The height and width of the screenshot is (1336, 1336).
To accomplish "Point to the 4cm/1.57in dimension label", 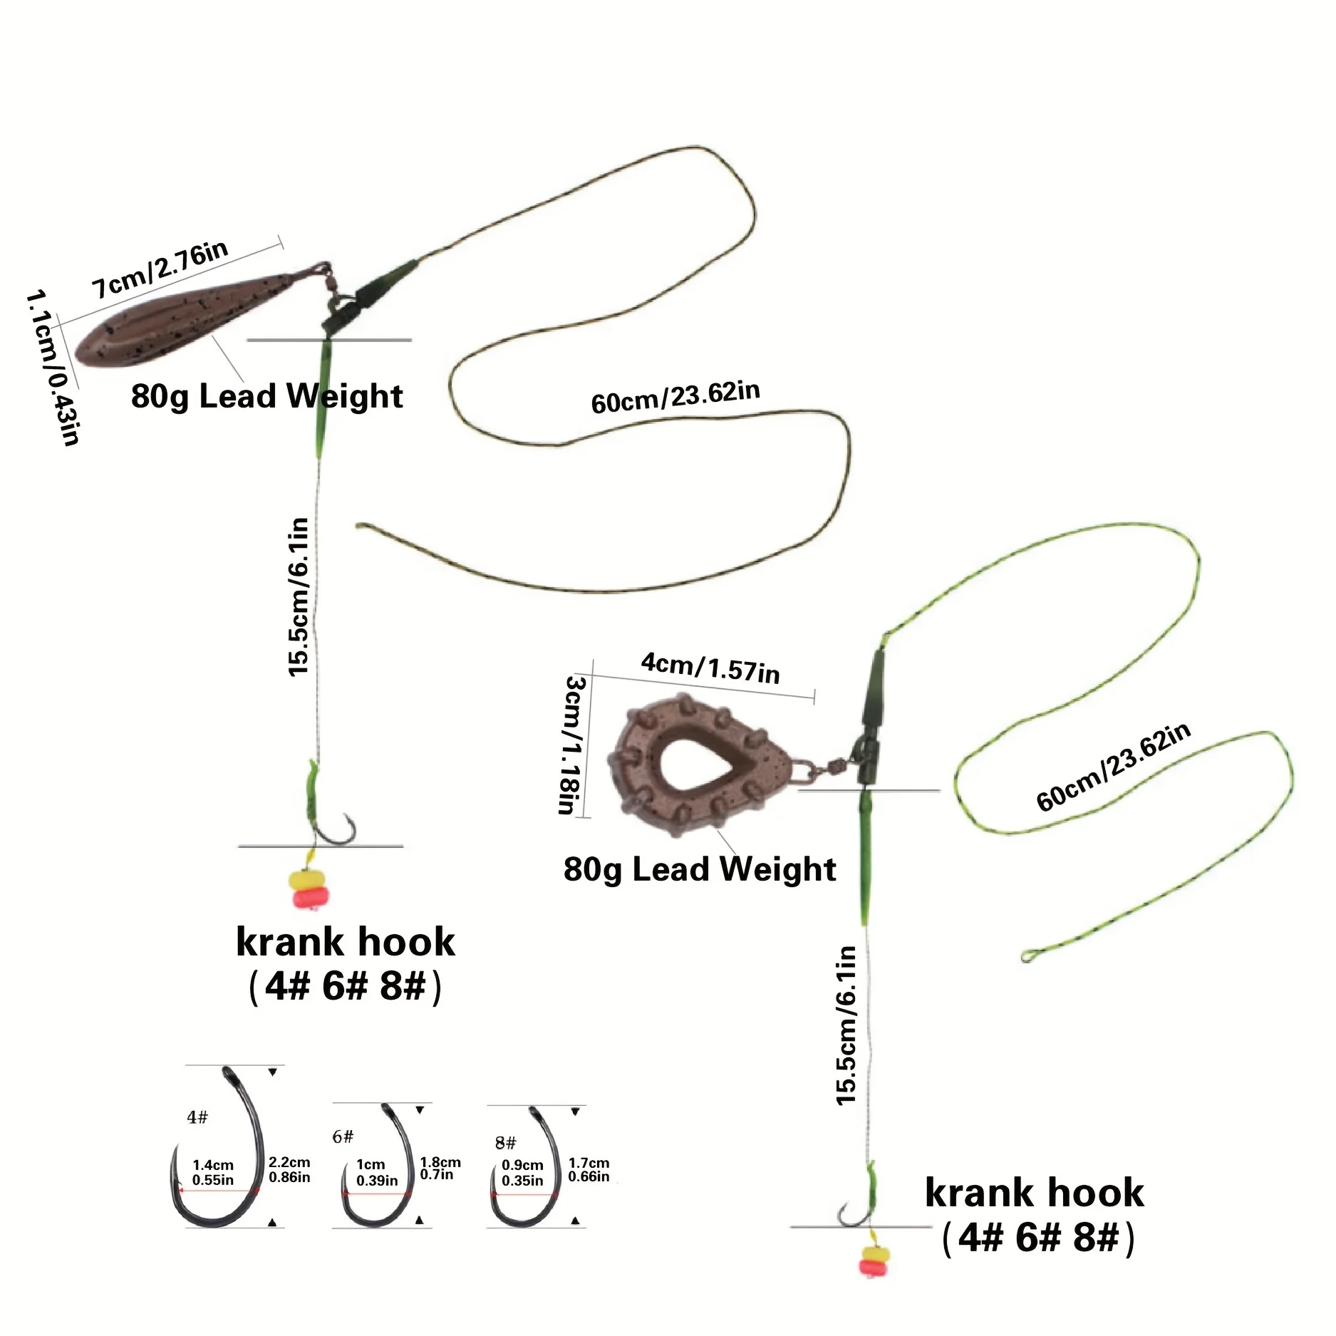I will point(710,668).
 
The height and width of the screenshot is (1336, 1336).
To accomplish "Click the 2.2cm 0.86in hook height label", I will point(289,1169).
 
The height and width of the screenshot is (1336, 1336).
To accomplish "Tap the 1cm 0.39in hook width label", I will point(376,1172).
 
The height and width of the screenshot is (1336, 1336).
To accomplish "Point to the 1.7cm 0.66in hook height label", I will point(589,1170).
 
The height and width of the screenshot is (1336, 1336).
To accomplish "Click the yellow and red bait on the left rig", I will point(309,888).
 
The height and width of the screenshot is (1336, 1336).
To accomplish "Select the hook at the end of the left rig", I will point(335,830).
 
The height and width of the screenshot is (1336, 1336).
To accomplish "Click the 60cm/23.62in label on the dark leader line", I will point(675,397).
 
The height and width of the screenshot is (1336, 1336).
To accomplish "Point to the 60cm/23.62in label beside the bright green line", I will point(1113,767).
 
